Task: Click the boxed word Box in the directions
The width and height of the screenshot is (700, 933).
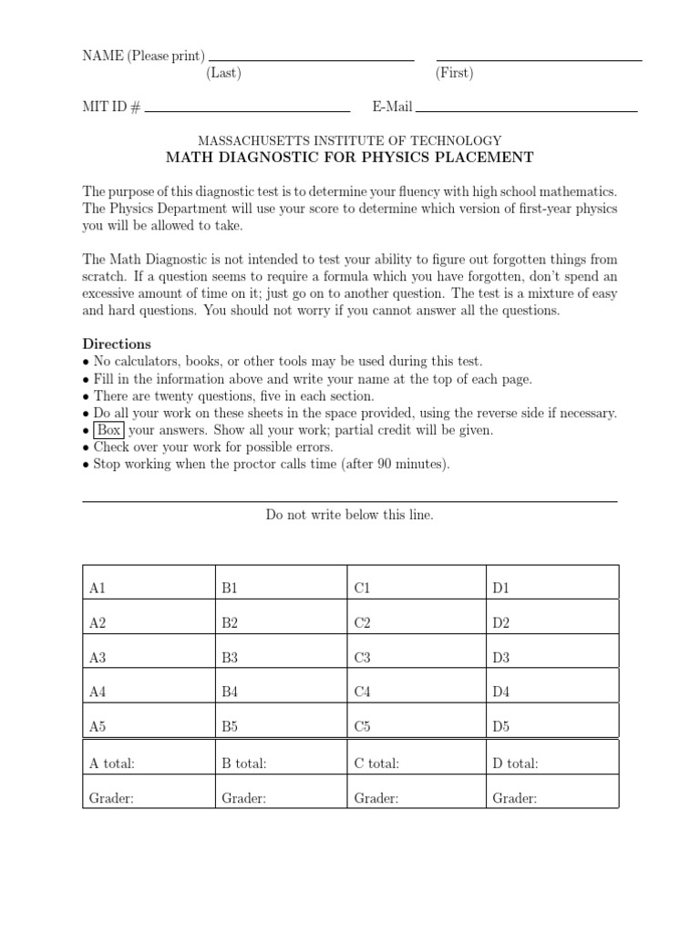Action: tap(109, 430)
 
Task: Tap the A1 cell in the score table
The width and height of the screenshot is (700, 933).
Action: tap(148, 589)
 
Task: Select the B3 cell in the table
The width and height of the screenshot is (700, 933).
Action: tap(281, 658)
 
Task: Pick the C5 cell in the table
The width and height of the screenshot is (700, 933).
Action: tap(416, 726)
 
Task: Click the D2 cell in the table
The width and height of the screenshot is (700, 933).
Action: tap(551, 623)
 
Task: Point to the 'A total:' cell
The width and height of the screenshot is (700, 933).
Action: tap(148, 764)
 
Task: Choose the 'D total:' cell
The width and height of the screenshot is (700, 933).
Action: tap(551, 764)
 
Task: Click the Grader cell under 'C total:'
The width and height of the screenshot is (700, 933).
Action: tap(416, 798)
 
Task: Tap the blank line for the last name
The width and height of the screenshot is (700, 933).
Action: tap(312, 58)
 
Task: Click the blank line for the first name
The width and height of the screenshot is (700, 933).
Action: tap(540, 58)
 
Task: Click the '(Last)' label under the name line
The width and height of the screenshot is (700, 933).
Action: tap(223, 74)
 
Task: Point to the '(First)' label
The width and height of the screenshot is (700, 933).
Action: tap(454, 74)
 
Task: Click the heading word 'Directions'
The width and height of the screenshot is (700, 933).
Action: tap(117, 344)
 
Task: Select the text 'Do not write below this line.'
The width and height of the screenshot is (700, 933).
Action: tap(350, 515)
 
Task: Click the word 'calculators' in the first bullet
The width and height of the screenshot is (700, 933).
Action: tap(144, 362)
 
